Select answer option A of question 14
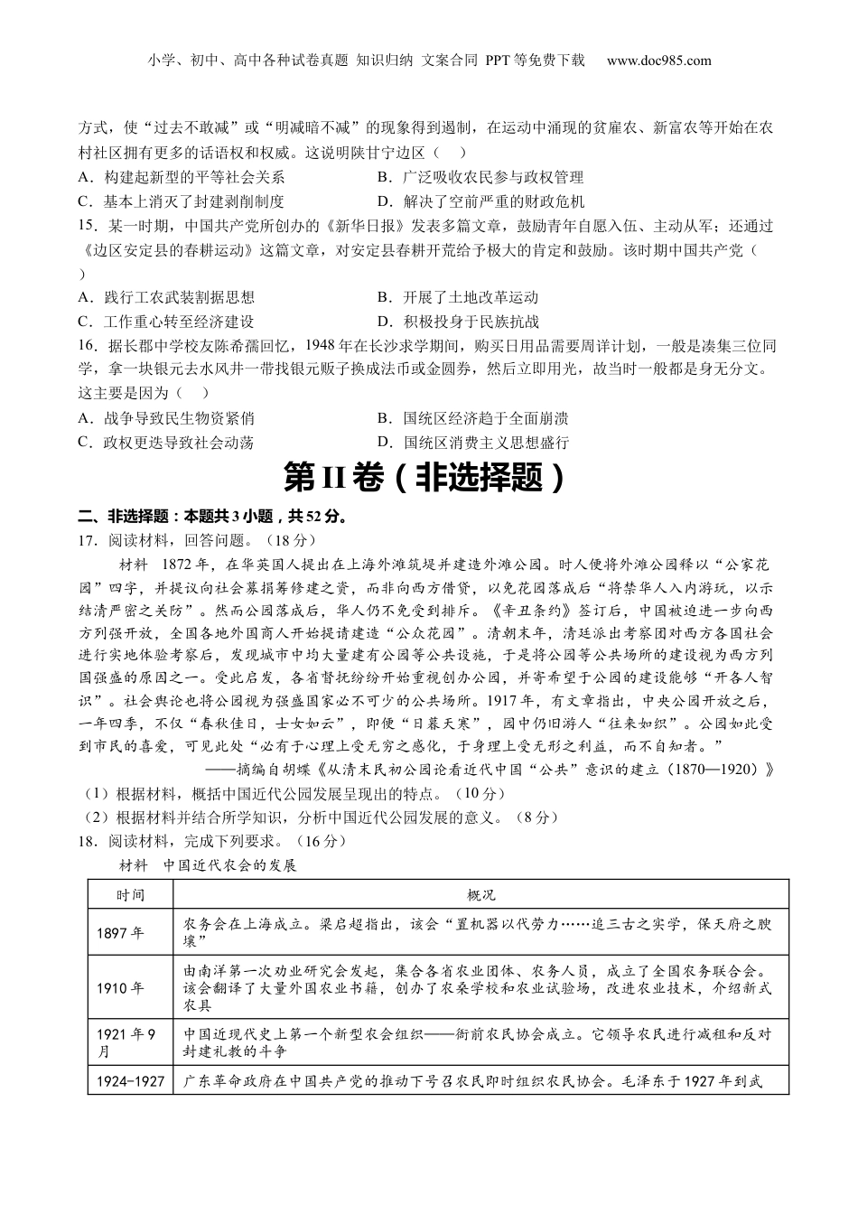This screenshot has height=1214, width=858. pos(181,177)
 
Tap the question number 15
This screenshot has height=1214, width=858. pos(88,226)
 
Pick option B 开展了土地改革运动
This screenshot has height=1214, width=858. pos(458,297)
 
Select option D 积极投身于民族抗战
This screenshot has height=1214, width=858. pos(458,322)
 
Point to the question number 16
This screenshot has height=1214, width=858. pos(88,346)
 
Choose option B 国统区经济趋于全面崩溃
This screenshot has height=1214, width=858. pos(473,418)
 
